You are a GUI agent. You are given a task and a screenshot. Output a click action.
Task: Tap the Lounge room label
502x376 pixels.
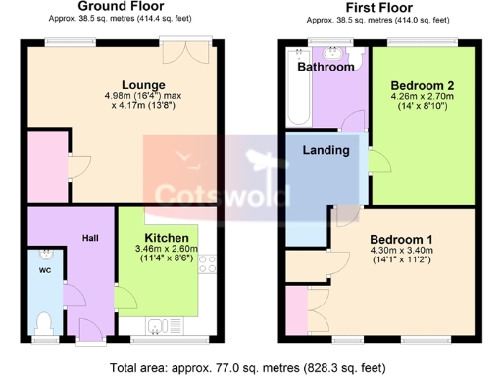point(143,84)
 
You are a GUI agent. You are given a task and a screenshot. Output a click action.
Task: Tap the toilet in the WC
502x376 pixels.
point(41,321)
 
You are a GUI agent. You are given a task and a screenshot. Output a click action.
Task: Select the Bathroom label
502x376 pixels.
point(326,68)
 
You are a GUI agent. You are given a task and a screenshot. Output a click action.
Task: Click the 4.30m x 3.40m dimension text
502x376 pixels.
point(401,252)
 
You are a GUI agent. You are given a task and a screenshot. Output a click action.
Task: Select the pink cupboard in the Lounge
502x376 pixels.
point(46,166)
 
